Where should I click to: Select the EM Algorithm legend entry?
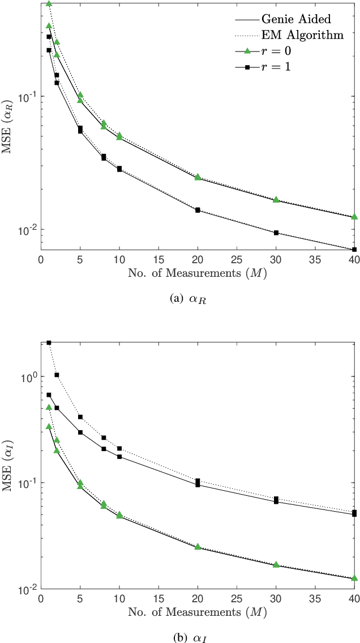pos(306,36)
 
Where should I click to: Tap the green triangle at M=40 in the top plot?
pos(354,217)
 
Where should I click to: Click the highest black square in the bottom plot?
pos(49,343)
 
